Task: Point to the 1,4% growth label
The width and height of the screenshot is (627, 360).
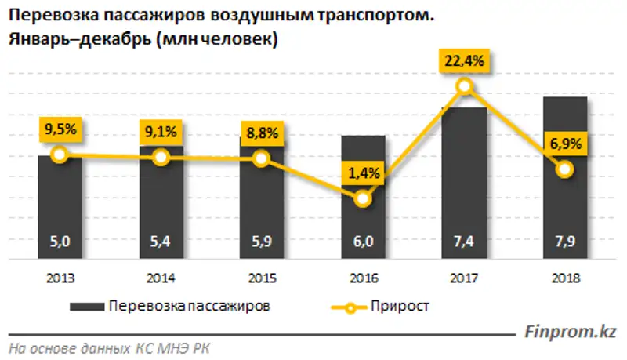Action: [x=363, y=173]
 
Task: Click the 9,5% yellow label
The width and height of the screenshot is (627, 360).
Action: [x=60, y=129]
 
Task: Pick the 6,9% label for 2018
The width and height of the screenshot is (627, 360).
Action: [x=565, y=143]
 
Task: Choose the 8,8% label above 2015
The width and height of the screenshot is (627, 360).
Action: [x=262, y=133]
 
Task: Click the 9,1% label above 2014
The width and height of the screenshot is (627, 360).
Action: [x=161, y=131]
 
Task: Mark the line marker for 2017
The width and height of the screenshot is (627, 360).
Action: [x=465, y=86]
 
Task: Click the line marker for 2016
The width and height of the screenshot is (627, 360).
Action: [x=363, y=199]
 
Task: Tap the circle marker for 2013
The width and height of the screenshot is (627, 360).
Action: [x=60, y=155]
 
